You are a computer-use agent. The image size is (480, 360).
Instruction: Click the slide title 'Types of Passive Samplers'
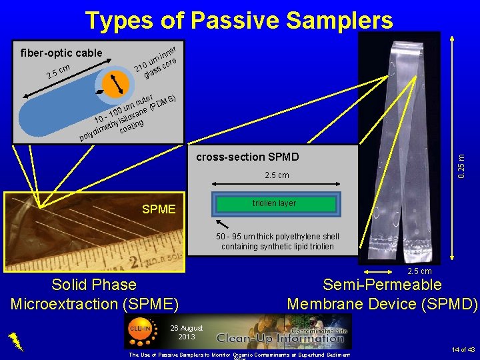coord(239,21)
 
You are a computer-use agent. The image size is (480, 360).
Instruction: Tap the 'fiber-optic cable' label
coord(61,53)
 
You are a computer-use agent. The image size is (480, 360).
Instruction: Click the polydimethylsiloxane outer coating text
coord(127,114)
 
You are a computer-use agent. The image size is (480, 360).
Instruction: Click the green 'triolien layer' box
coord(274,204)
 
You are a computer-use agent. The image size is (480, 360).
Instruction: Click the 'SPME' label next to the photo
coord(159,210)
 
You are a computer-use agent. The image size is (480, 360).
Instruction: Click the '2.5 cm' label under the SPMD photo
coord(419,271)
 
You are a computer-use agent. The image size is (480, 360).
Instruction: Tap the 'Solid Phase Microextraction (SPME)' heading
coord(95,294)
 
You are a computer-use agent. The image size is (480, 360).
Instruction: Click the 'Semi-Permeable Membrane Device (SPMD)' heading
coord(382,294)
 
